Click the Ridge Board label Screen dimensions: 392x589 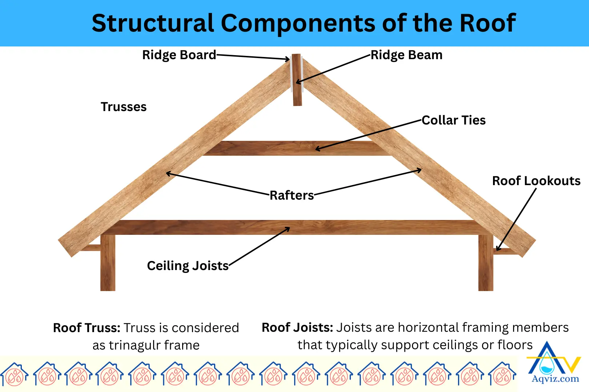(x=179, y=55)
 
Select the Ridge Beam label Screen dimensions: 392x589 (x=406, y=55)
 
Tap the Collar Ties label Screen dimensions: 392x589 (x=453, y=120)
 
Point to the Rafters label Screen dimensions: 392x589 (x=292, y=195)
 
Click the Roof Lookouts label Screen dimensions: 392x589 (x=536, y=181)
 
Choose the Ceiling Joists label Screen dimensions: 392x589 (x=188, y=266)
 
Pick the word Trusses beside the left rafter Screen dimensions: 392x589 (x=124, y=107)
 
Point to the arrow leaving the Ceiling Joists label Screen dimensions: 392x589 (x=259, y=247)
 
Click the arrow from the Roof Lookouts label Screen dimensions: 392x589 (x=517, y=219)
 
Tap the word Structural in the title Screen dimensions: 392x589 (x=153, y=23)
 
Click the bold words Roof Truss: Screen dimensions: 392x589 (x=87, y=328)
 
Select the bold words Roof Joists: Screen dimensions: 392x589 (x=297, y=327)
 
